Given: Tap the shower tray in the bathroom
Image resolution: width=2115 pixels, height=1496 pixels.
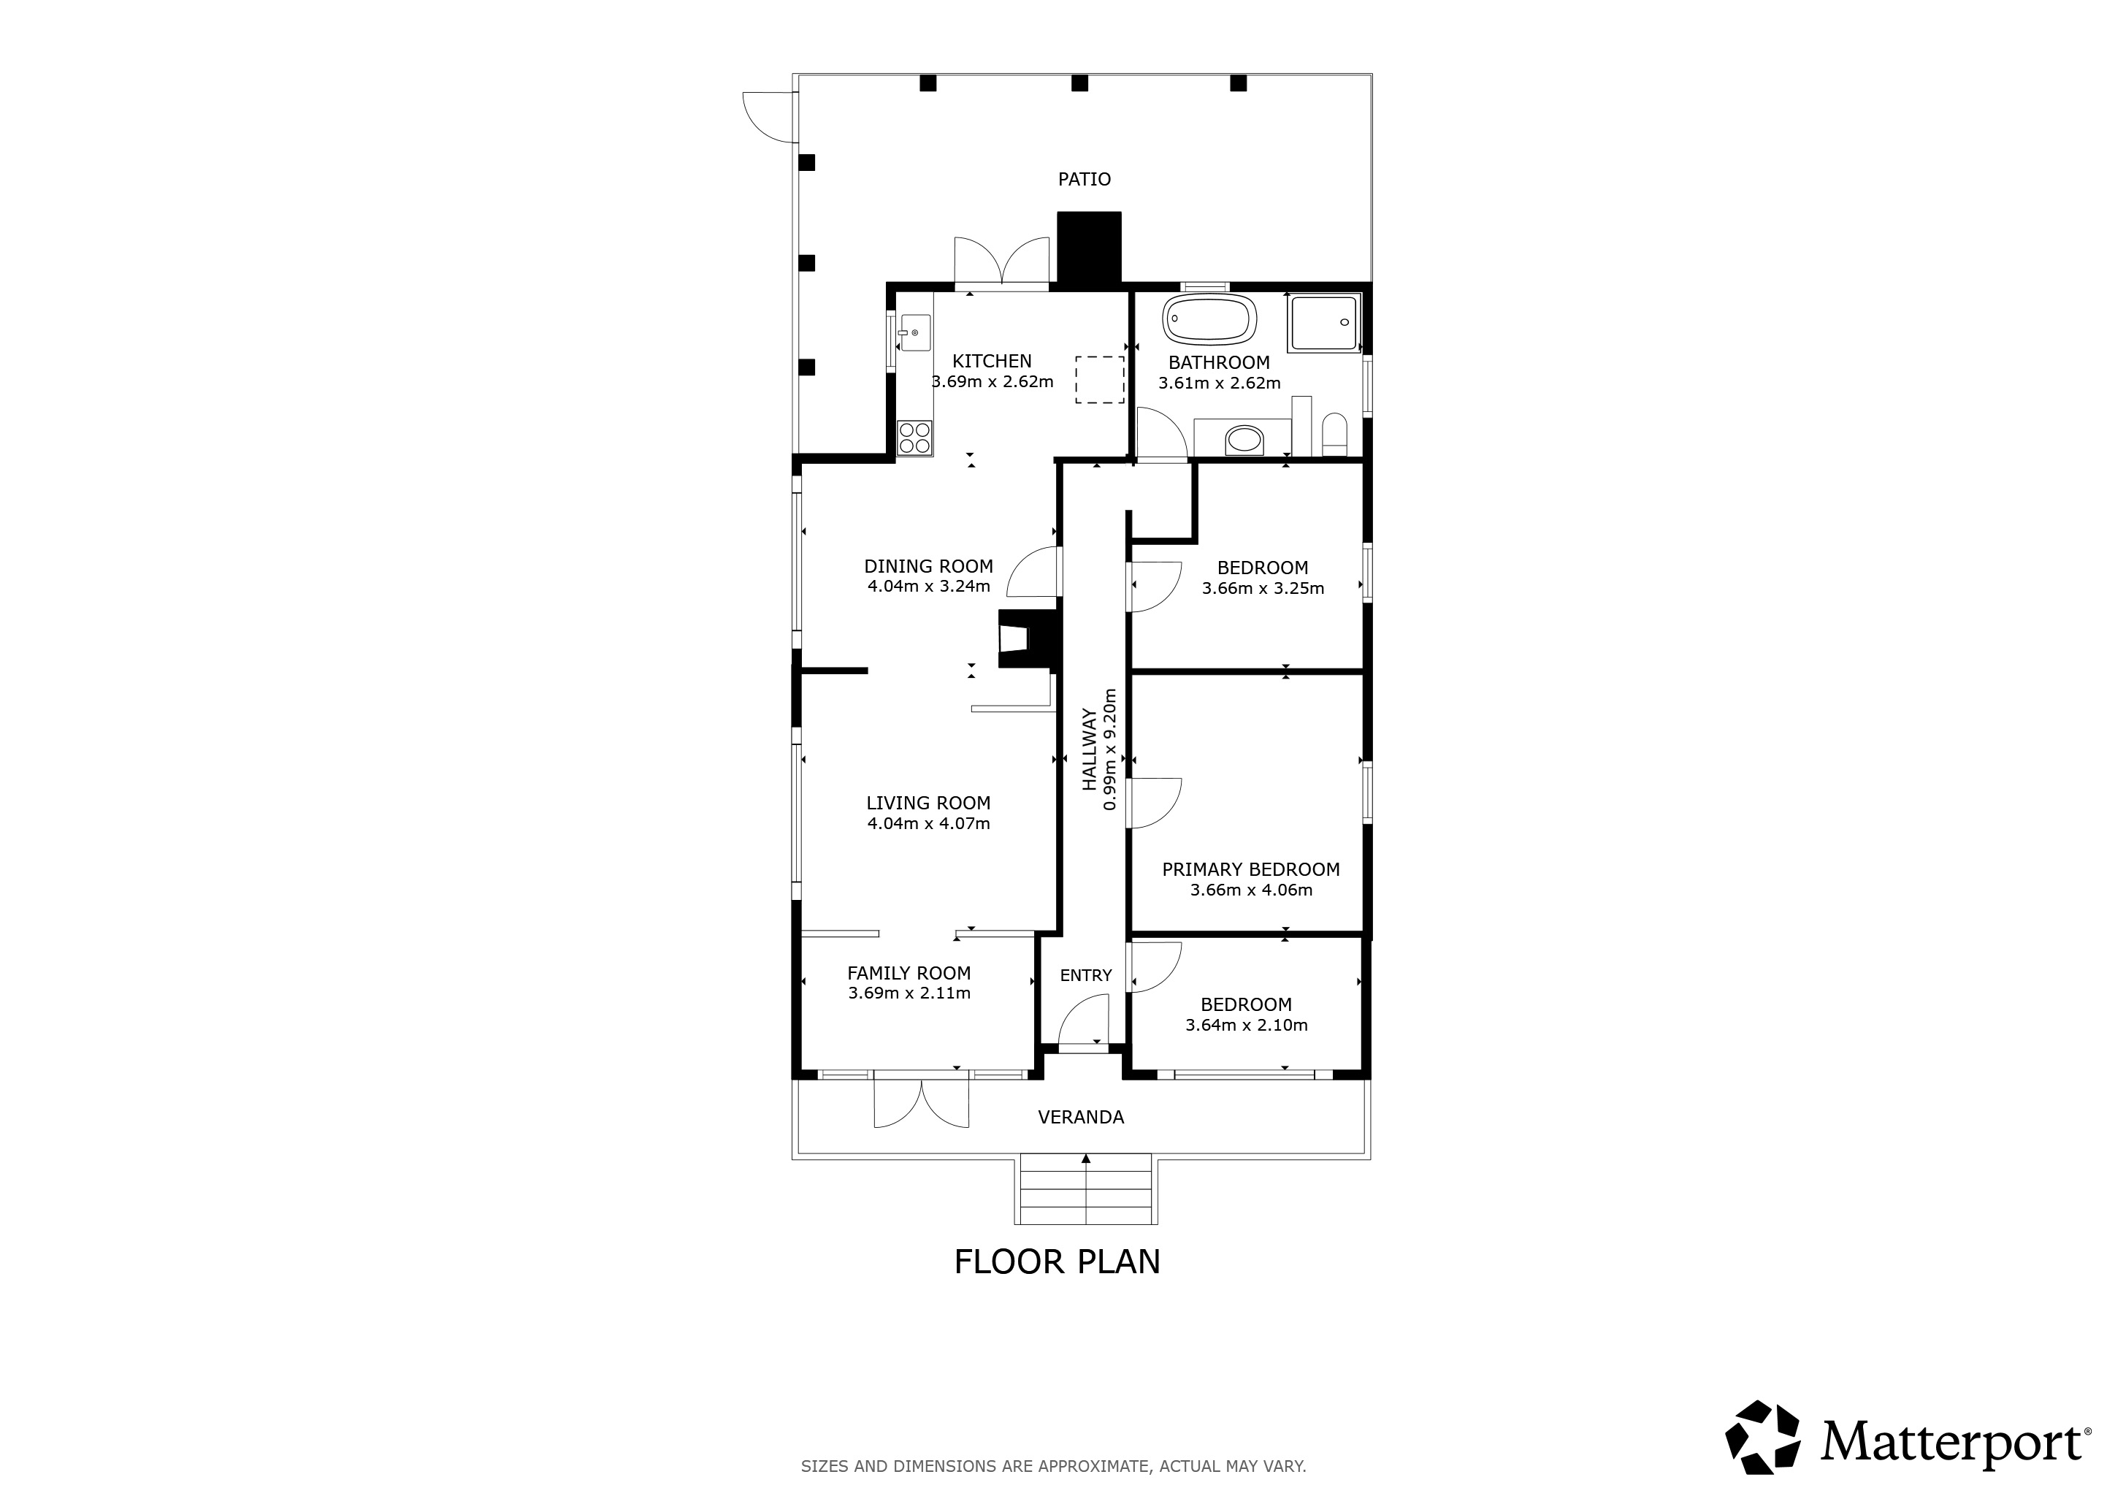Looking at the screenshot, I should click(x=1324, y=322).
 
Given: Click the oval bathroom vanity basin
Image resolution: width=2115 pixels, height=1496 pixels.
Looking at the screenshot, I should click(x=1244, y=440).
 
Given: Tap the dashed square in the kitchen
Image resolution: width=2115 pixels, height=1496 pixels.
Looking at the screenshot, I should click(x=1100, y=380).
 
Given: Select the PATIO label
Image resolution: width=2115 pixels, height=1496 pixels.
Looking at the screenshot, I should click(x=1085, y=180).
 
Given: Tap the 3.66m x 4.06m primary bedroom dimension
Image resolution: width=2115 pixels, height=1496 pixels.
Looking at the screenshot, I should click(x=1251, y=890).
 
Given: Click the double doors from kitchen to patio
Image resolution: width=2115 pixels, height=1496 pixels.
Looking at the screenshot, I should click(x=1001, y=262).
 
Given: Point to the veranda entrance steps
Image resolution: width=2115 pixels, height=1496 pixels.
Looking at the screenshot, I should click(x=1086, y=1192).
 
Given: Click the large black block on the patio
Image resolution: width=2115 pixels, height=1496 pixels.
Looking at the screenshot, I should click(x=1089, y=247).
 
